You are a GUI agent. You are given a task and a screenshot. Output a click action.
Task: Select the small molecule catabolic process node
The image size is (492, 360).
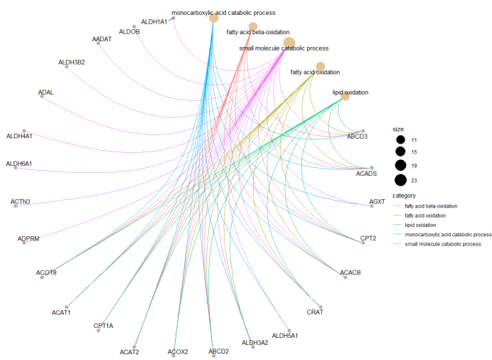coord(289,43)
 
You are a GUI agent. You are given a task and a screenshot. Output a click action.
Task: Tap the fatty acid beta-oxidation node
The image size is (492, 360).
coord(252,26)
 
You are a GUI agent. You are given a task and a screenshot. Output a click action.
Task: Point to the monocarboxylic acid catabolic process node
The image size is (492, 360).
coord(213,18)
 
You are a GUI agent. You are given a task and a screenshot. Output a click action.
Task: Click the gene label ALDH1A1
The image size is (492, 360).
coord(154,22)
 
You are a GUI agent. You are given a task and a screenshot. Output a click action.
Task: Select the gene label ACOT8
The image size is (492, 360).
coord(46,272)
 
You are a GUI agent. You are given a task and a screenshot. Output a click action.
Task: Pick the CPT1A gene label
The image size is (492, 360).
coord(103,325)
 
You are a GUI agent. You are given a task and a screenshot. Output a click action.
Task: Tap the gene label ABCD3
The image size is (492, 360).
coord(357,136)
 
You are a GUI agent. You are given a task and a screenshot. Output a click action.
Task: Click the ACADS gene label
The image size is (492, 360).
coord(366,174)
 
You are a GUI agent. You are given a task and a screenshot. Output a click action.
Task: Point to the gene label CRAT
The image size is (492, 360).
coord(315,312)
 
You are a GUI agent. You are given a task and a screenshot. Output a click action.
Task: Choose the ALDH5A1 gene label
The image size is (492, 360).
coord(285,335)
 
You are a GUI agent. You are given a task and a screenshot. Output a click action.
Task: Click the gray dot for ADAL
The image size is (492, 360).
coord(42,97)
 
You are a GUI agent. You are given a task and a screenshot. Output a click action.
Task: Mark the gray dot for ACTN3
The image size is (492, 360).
coord(24,206)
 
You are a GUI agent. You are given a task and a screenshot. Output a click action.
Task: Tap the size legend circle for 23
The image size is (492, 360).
coord(400,179)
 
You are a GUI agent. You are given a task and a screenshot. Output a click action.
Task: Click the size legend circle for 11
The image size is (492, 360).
coord(400,140)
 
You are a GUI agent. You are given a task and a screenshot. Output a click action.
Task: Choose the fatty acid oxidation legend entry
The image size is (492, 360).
coord(431,215)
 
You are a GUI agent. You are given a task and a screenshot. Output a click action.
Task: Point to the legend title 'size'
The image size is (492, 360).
coord(398,129)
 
